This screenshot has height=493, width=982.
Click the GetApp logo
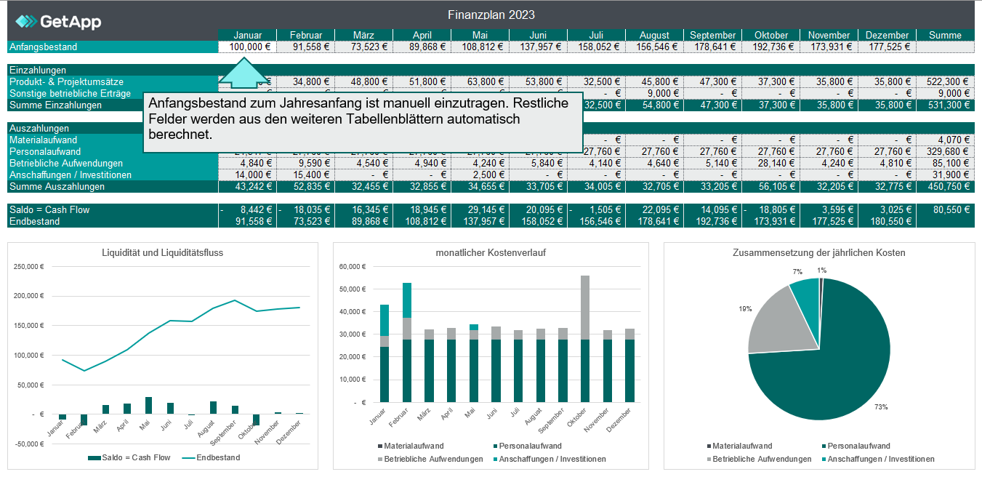(58, 22)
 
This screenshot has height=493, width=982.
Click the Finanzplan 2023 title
(491, 15)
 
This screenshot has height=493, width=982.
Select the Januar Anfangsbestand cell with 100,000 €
(247, 47)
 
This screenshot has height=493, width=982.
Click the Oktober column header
(770, 35)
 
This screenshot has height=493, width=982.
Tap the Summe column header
(946, 35)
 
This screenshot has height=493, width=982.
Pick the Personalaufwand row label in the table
(43, 152)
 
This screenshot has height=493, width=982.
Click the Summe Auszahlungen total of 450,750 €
(946, 187)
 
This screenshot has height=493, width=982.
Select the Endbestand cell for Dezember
(887, 222)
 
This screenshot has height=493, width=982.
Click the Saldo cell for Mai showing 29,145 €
(480, 210)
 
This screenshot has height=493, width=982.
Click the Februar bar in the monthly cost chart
(407, 342)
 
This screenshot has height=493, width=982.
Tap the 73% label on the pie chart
(881, 407)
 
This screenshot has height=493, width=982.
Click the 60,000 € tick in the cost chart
(355, 267)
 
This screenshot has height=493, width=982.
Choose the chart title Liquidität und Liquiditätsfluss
(163, 252)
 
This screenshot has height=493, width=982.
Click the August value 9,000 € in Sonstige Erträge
(654, 94)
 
